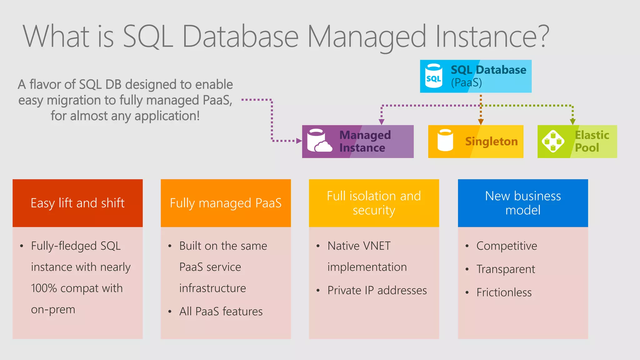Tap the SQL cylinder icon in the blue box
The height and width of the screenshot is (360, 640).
(x=434, y=76)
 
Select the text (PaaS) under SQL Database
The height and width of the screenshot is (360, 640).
(x=466, y=83)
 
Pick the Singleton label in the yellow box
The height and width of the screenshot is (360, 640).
(x=491, y=142)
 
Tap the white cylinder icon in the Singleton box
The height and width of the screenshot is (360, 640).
(x=445, y=140)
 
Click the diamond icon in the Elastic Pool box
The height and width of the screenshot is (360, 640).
(x=553, y=141)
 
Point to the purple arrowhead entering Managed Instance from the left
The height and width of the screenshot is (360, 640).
(x=299, y=141)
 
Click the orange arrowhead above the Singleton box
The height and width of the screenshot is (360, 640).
(x=481, y=122)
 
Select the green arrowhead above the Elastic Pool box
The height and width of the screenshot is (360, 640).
(x=572, y=122)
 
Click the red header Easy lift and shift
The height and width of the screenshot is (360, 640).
(x=77, y=203)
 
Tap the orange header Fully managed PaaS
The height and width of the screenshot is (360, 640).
(x=226, y=203)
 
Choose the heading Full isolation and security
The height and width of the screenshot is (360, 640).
(x=374, y=203)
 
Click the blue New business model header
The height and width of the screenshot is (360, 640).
(x=523, y=203)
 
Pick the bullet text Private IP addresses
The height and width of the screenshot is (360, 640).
(x=377, y=291)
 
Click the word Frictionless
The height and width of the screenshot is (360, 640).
(x=504, y=292)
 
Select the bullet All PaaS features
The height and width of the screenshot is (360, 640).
(x=221, y=312)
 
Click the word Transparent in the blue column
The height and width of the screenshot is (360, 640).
(x=506, y=269)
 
